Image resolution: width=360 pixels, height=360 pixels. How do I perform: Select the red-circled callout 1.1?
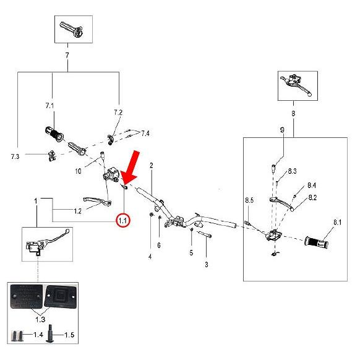(123, 221)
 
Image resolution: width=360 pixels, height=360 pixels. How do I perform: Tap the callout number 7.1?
(49, 106)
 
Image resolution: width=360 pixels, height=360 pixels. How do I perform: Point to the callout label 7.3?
(15, 156)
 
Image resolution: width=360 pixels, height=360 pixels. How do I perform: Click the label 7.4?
(145, 133)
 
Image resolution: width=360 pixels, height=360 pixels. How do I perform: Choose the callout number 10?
(78, 171)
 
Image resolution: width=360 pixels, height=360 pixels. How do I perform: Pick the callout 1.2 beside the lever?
(78, 211)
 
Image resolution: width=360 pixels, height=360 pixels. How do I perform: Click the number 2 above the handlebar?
(152, 165)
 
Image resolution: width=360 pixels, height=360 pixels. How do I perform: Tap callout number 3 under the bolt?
(207, 265)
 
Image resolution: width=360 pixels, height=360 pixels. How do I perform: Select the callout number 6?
(159, 245)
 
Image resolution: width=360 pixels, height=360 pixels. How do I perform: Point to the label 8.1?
(337, 222)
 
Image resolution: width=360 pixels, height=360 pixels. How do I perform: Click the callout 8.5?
(249, 200)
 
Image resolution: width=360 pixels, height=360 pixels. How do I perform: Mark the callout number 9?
(282, 130)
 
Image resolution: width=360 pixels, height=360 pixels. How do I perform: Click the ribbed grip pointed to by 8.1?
(316, 242)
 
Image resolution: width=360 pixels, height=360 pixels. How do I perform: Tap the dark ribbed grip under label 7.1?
(54, 134)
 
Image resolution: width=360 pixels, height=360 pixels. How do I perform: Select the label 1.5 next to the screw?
(69, 335)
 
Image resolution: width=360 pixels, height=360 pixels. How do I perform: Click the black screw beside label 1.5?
(50, 333)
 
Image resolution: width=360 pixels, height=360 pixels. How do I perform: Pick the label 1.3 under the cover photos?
(40, 319)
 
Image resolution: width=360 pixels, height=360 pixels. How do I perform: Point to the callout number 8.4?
(312, 186)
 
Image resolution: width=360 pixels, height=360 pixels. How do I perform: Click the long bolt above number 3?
(204, 234)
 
